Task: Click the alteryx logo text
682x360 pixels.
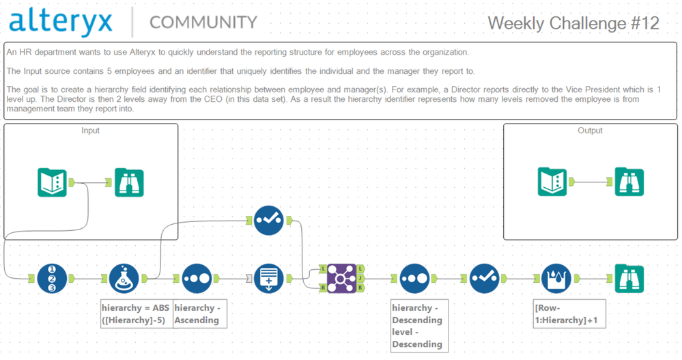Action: (x=61, y=22)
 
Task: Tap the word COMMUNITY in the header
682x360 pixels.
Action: (x=203, y=23)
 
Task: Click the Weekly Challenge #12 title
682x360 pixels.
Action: (x=573, y=23)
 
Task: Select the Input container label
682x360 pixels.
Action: (x=90, y=130)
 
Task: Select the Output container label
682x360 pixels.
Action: (x=590, y=130)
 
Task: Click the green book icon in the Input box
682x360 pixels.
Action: (x=52, y=182)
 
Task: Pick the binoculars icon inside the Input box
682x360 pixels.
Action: (x=129, y=182)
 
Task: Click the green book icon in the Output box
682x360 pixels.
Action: (x=552, y=182)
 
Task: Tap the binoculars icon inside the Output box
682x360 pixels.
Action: (x=629, y=182)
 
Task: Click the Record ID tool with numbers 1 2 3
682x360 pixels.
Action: (x=53, y=279)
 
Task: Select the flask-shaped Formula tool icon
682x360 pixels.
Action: (x=124, y=279)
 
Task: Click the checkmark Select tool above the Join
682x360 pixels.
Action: (x=268, y=220)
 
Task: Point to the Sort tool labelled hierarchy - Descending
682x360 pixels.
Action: (x=414, y=279)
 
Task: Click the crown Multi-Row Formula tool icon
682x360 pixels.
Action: (x=556, y=279)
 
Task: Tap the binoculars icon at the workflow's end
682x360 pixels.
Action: (x=629, y=279)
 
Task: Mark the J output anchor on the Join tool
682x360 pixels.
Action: (x=360, y=279)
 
